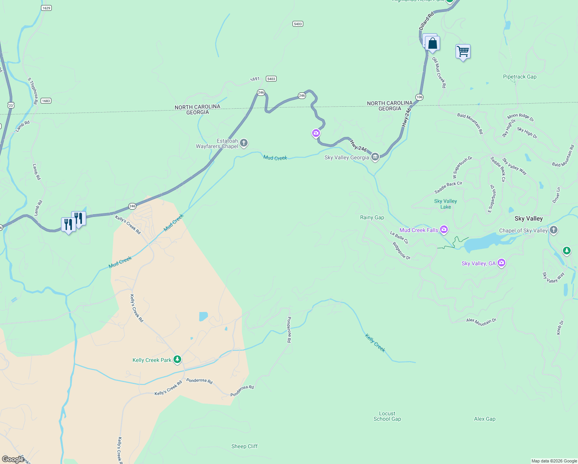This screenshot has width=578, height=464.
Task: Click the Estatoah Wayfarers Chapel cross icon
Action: pyautogui.click(x=244, y=143)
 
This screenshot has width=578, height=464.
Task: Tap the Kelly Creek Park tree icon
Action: pyautogui.click(x=177, y=360)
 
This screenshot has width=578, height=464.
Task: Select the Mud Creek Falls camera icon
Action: pyautogui.click(x=444, y=230)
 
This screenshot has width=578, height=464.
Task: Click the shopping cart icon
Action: pyautogui.click(x=463, y=51)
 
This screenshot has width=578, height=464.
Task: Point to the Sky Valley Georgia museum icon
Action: pyautogui.click(x=375, y=157)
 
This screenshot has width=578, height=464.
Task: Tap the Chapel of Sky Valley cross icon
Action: pyautogui.click(x=554, y=230)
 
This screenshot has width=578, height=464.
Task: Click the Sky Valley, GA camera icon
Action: pyautogui.click(x=501, y=263)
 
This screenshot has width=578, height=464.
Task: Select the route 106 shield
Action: pyautogui.click(x=419, y=97)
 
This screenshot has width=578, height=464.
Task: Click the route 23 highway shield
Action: pyautogui.click(x=10, y=105)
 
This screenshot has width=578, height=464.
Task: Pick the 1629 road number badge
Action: pyautogui.click(x=46, y=8)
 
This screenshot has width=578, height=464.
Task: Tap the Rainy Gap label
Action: pyautogui.click(x=372, y=218)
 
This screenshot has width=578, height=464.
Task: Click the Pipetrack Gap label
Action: pyautogui.click(x=520, y=77)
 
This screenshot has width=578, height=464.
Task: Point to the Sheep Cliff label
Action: pyautogui.click(x=244, y=446)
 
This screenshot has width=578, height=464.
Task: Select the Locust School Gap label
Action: pyautogui.click(x=387, y=416)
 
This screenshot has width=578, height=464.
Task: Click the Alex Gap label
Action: pyautogui.click(x=484, y=419)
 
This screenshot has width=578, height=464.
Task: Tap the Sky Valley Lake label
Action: pyautogui.click(x=445, y=204)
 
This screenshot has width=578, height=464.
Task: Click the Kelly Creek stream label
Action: pyautogui.click(x=375, y=343)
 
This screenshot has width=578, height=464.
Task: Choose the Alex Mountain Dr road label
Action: pyautogui.click(x=481, y=321)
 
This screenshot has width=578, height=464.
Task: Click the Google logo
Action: pyautogui.click(x=13, y=459)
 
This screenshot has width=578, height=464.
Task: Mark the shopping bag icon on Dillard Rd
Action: pyautogui.click(x=433, y=43)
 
